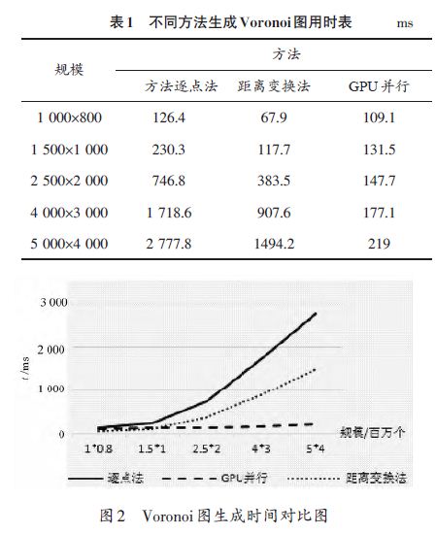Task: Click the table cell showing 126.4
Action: [x=169, y=117]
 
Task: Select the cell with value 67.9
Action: [x=274, y=117]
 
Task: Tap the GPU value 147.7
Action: [x=380, y=181]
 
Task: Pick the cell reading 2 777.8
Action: [x=169, y=244]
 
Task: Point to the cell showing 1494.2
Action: [x=274, y=244]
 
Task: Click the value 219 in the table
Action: [x=379, y=244]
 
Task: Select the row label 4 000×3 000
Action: [x=69, y=213]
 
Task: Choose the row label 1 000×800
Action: [x=69, y=117]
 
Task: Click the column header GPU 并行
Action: [x=379, y=86]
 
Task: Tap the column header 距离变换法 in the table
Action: [x=274, y=86]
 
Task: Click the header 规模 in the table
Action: [x=69, y=69]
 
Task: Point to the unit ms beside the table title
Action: [x=405, y=23]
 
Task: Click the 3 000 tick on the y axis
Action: [x=53, y=302]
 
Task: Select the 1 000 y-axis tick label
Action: [x=51, y=389]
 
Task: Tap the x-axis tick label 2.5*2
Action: [x=207, y=449]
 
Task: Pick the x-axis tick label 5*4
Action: [x=316, y=449]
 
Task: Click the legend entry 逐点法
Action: [x=106, y=479]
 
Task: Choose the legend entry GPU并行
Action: [x=215, y=479]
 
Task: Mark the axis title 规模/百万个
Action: [x=373, y=433]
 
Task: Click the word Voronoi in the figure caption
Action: [x=167, y=516]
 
